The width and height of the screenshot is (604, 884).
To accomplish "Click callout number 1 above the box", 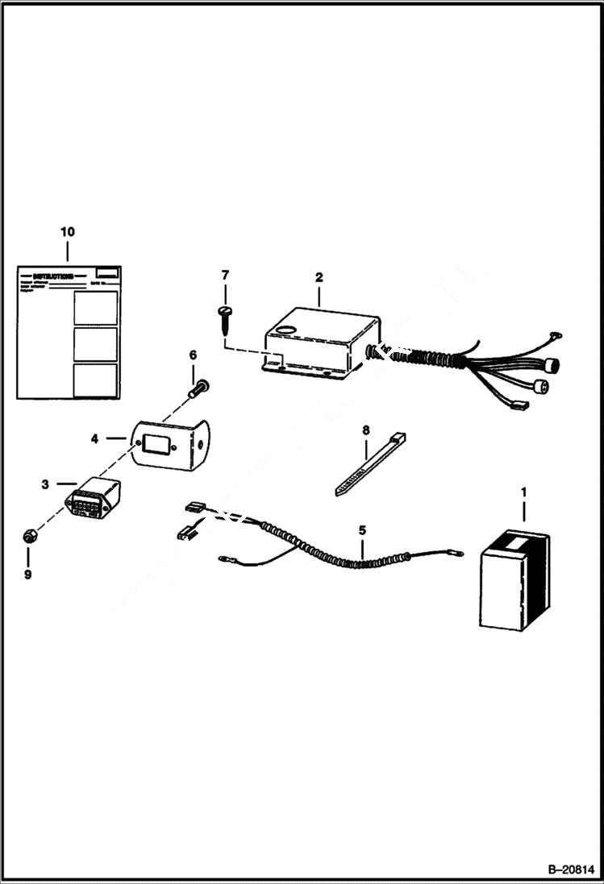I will point(523,491).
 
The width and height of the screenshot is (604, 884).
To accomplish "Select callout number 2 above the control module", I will point(319,277).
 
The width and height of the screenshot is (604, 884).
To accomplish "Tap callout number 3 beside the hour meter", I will point(45,484).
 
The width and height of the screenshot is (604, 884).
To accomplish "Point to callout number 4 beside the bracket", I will point(94,439).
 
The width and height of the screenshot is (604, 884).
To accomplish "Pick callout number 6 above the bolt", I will point(193,355).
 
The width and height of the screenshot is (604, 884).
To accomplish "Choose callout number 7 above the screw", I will point(225,276).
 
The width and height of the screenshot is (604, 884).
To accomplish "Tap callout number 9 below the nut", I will point(28,575).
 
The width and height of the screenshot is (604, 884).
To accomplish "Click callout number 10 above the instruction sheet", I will point(67,231).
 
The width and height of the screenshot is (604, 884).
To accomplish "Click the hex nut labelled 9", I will point(28,535).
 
